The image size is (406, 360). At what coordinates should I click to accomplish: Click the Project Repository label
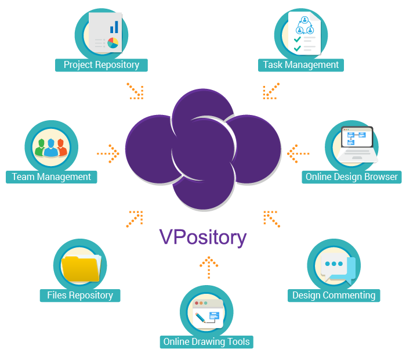coord(101,64)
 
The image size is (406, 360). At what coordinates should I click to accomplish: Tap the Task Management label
coord(300,64)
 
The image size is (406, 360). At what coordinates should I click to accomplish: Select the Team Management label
coord(51,177)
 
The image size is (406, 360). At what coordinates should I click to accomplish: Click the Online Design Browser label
coord(351,177)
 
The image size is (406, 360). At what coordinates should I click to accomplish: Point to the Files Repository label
coord(80,295)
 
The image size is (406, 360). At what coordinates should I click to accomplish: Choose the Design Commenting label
coord(333,295)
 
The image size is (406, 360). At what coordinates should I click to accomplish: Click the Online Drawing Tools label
coord(206,341)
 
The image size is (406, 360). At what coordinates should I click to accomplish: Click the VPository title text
coord(203,237)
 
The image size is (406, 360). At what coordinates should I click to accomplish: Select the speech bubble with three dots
coord(335,265)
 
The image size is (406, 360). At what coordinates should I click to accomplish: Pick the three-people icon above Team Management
coord(50,147)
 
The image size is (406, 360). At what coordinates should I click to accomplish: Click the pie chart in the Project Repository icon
coord(113,43)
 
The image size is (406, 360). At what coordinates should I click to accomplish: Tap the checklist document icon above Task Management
coord(304,33)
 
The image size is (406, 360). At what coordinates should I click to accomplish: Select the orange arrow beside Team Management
coord(108,154)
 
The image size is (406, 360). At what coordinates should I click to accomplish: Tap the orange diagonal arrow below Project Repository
coord(135,91)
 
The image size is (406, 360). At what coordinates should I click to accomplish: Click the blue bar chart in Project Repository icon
coord(114,27)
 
